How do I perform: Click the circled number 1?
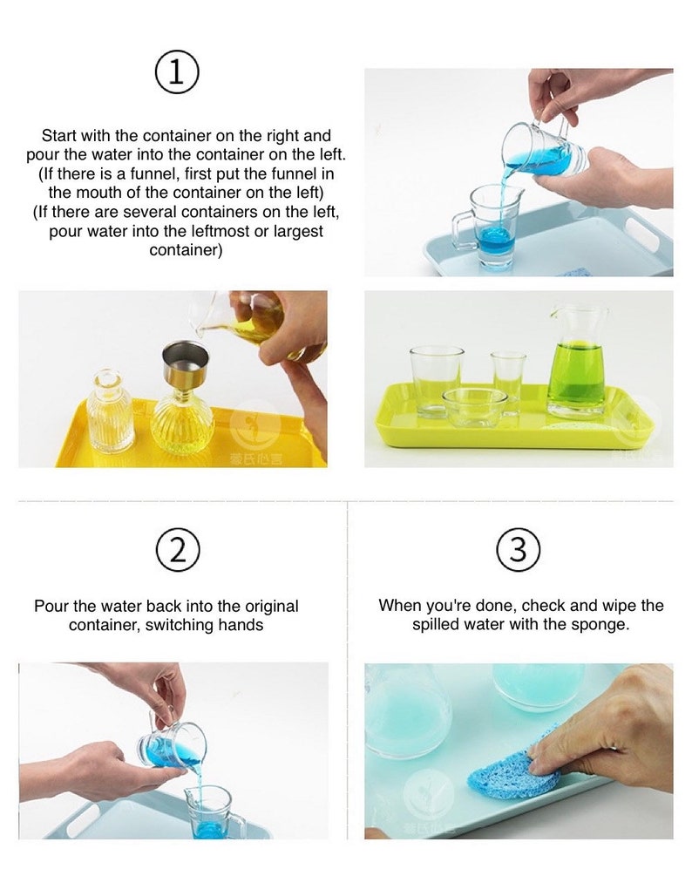click(177, 73)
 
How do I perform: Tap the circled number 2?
click(177, 550)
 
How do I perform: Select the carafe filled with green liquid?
click(577, 359)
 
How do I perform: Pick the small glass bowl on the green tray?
click(474, 406)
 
